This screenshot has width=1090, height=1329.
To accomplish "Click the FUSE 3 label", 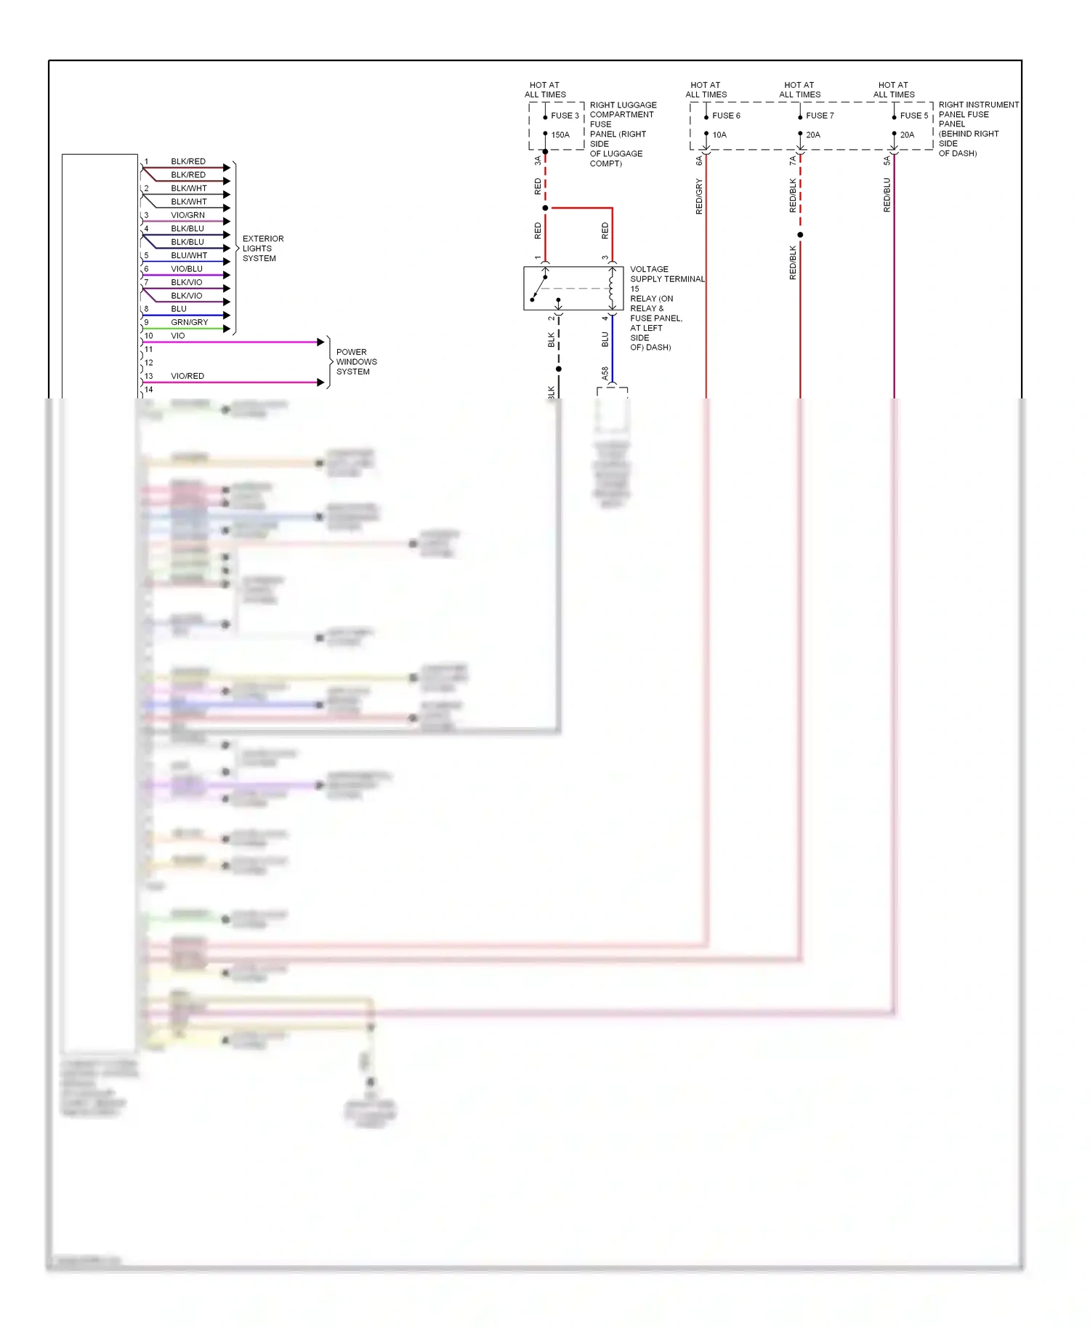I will tap(565, 116).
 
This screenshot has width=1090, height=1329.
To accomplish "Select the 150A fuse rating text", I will tap(560, 134).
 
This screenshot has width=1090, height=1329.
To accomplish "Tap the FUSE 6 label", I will tap(726, 116).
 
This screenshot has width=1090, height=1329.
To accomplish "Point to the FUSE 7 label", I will tap(820, 116).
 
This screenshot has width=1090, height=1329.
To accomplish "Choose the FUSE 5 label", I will tap(913, 116).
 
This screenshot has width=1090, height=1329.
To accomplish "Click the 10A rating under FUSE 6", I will tap(719, 134).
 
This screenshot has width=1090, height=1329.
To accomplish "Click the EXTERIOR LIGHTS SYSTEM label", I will tap(262, 248).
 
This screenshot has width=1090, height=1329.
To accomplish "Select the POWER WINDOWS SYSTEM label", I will tap(356, 361).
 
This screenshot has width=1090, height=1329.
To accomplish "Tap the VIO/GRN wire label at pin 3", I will tap(187, 215).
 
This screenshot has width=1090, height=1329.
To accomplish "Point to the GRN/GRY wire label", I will tap(189, 322).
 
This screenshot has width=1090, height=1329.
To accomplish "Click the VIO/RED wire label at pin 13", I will tap(187, 376).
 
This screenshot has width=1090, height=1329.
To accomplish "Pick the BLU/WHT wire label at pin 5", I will tap(189, 255).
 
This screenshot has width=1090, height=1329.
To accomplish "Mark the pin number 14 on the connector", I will tap(149, 390).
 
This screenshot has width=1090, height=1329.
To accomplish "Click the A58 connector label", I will tap(605, 374).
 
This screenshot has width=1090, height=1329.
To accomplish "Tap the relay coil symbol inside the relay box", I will tap(612, 288).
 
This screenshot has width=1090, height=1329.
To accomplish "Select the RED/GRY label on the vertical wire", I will tap(699, 196).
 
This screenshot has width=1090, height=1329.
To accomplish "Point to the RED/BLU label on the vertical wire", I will tap(887, 195).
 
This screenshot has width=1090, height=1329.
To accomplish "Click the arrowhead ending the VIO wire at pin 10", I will tap(320, 342).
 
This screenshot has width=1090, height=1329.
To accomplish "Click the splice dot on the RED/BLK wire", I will tap(800, 235).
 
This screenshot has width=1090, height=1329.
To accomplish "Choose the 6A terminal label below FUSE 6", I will tap(699, 161).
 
